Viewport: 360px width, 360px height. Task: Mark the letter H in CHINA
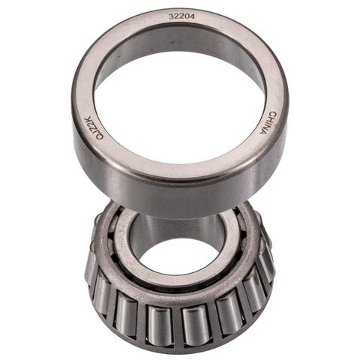[x=266, y=115]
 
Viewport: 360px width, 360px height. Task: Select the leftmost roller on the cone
[x=93, y=270]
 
